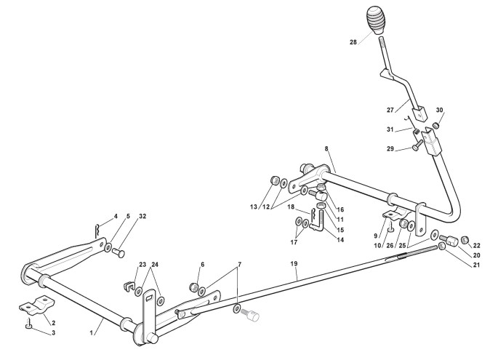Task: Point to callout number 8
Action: [x=326, y=148]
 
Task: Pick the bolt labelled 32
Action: [x=118, y=252]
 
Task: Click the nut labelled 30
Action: [x=435, y=125]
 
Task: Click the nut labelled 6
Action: [x=194, y=286]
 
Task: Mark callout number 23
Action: [x=142, y=264]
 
